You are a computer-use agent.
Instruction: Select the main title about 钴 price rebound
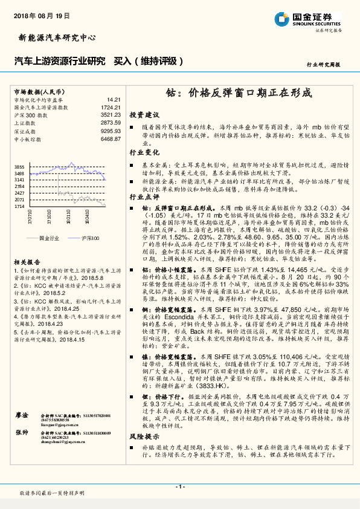pos(238,93)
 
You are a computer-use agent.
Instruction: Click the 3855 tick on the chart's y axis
pos(19,166)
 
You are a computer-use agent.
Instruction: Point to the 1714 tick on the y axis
pos(19,206)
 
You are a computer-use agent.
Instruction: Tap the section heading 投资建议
pos(144,115)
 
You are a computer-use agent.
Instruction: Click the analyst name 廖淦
pos(22,433)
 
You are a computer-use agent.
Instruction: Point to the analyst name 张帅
pos(22,450)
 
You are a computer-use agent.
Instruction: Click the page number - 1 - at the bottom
pos(179,487)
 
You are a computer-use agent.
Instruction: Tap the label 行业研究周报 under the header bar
pos(323,63)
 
